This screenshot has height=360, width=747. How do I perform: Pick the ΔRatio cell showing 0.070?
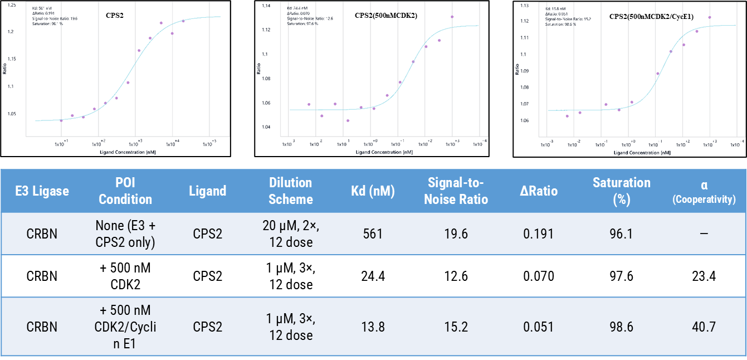tap(538, 276)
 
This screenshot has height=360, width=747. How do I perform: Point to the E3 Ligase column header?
tap(42, 191)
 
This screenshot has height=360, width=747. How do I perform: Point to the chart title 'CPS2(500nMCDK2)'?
tap(385, 16)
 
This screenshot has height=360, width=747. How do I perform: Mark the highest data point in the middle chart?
tap(452, 17)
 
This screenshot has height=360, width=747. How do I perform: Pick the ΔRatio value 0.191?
tap(538, 233)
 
